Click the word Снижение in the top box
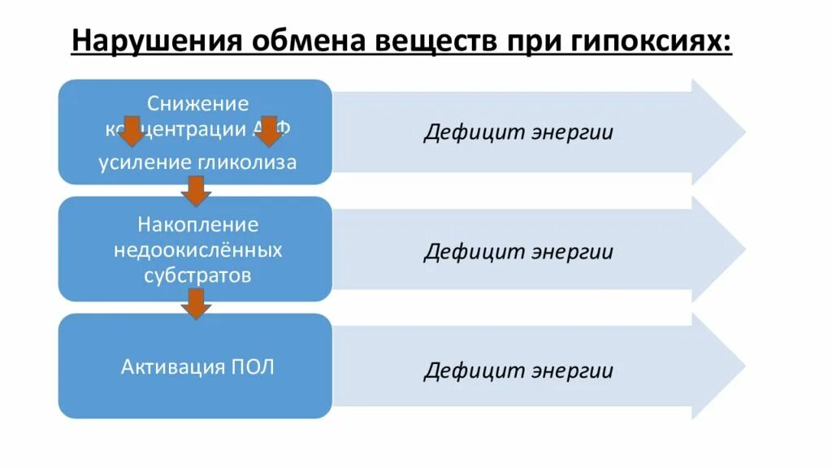[x=197, y=103]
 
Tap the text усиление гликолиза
[x=197, y=162]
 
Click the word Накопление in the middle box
[x=197, y=223]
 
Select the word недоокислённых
[x=197, y=249]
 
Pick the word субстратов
[x=197, y=275]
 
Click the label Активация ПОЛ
[x=197, y=366]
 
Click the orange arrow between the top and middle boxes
[x=196, y=192]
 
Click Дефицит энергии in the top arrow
[x=518, y=132]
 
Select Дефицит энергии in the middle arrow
[x=518, y=251]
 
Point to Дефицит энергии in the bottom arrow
[x=518, y=371]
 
